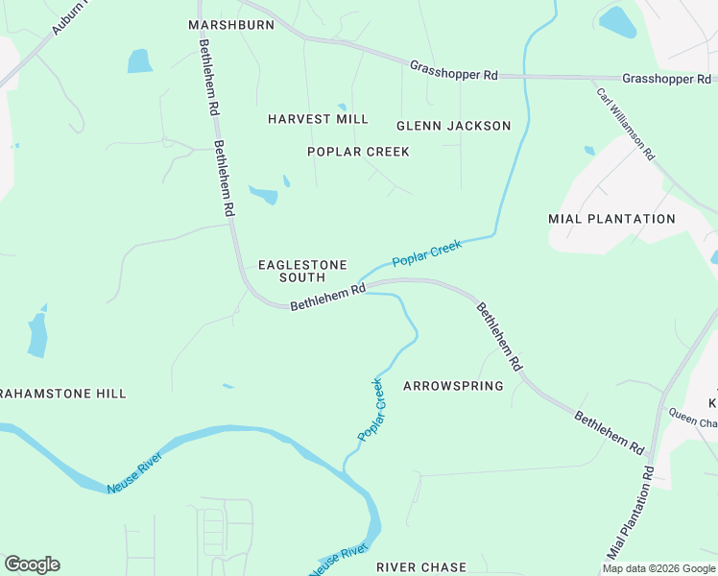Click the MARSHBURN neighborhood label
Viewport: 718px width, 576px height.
(231, 25)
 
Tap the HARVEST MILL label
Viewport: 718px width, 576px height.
(318, 119)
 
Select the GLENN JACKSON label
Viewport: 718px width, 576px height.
(453, 126)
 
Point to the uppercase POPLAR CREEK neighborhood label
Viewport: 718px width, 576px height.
(358, 152)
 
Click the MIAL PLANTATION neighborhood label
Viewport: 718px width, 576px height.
(611, 219)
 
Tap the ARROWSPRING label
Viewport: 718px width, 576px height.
(453, 386)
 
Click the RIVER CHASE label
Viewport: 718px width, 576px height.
(420, 567)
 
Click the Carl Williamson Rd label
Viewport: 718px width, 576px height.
(626, 124)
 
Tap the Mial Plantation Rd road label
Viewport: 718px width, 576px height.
(631, 514)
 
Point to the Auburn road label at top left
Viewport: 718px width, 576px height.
(69, 17)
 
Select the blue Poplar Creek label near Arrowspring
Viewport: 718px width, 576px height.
(371, 410)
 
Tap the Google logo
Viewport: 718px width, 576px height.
(32, 564)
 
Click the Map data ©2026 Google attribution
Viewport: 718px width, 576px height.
(658, 568)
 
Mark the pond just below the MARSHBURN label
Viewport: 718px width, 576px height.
(140, 61)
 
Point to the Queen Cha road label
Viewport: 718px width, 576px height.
(692, 420)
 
